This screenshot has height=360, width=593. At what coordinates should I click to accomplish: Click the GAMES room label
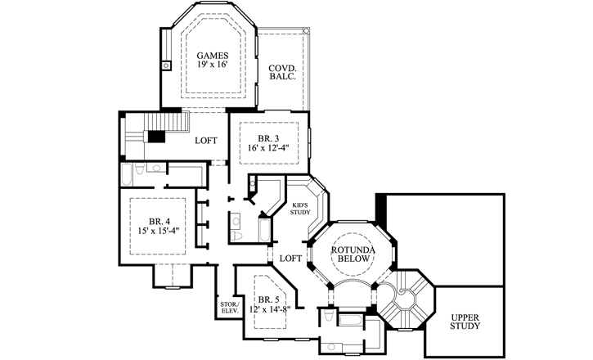point(212,56)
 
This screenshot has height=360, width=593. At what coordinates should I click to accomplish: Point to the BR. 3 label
point(269,138)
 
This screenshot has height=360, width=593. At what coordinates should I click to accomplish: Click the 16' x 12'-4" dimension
point(269,149)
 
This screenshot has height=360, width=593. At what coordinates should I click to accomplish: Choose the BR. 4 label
point(159,221)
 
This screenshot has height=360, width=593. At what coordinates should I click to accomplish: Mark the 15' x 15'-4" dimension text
point(159,232)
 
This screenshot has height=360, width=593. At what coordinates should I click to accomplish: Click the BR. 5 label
point(267,300)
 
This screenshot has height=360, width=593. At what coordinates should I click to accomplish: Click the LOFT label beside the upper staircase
point(206,140)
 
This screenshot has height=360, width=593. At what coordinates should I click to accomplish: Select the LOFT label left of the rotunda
point(291,258)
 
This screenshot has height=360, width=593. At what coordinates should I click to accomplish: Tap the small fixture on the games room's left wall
point(165,64)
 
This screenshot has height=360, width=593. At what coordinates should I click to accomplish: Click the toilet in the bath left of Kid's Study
point(238,235)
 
